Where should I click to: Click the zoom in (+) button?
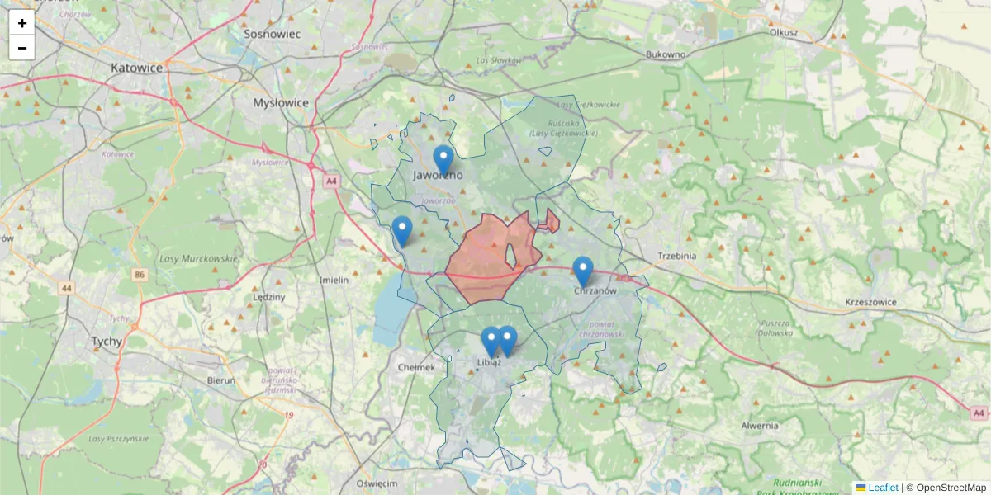click(22, 23)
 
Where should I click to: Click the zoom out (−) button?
click(22, 48)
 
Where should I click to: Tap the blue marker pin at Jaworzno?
click(443, 160)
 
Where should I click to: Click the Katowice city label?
click(136, 68)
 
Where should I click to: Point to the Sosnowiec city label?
click(272, 34)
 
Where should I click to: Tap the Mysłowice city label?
click(281, 103)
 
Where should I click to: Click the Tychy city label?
click(107, 341)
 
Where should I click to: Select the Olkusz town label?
click(784, 33)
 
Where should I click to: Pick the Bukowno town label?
click(666, 54)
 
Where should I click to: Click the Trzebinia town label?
click(677, 256)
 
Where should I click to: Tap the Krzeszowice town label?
click(870, 302)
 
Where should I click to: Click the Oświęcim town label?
click(377, 483)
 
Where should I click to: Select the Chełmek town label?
click(416, 367)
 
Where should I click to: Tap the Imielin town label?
click(334, 280)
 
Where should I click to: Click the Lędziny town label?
click(269, 296)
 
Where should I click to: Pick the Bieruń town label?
click(221, 380)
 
